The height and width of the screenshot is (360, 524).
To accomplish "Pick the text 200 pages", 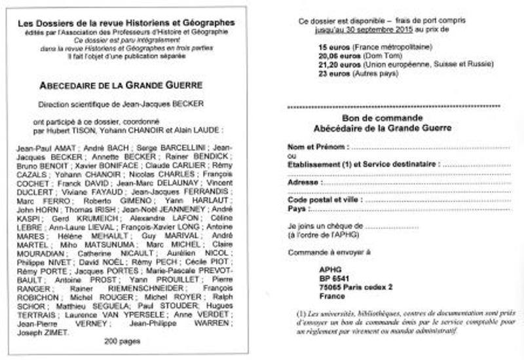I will (x=122, y=342).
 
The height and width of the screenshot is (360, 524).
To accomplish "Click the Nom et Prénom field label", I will (x=316, y=147).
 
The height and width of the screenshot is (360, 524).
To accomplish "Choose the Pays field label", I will (x=297, y=209).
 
